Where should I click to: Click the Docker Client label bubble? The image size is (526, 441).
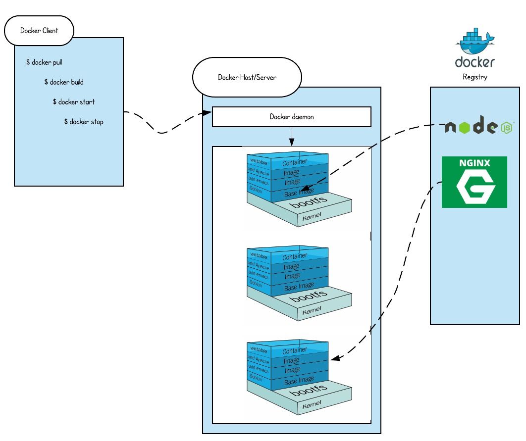point(39,31)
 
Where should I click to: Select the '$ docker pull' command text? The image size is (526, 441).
point(44,62)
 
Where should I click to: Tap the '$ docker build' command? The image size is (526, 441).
point(64,82)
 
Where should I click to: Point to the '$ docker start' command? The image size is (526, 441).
point(74,102)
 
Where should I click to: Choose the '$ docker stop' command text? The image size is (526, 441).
point(84,122)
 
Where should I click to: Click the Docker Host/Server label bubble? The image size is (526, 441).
point(247,78)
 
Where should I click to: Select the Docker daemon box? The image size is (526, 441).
point(291,117)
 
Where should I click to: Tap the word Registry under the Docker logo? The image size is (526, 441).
point(474,77)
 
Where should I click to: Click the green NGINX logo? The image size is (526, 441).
point(474,182)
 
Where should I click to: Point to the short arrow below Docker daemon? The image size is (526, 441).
point(292,136)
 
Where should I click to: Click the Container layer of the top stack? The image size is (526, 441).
point(295,162)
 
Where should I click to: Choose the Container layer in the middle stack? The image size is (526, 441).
point(295,257)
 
